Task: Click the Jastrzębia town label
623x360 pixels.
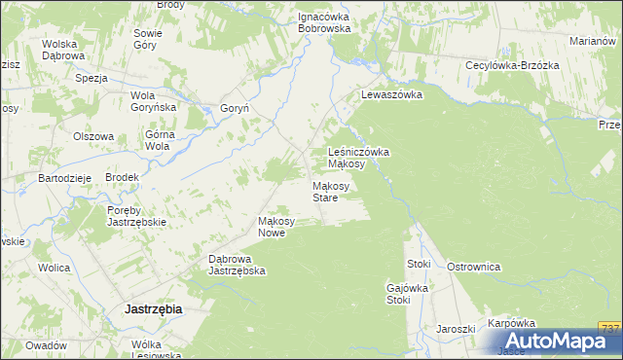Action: (154, 308)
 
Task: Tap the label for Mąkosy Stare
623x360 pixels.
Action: (325, 192)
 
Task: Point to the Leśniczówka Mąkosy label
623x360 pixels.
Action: (359, 158)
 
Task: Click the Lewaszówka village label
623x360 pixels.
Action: (390, 95)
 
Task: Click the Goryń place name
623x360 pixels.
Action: (236, 109)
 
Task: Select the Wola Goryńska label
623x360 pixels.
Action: (153, 102)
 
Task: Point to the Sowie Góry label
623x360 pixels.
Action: (148, 39)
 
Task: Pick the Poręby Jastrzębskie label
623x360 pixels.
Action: (137, 216)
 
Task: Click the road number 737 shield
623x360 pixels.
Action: (609, 328)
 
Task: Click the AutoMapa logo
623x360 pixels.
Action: (560, 342)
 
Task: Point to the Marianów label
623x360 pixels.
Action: (595, 41)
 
